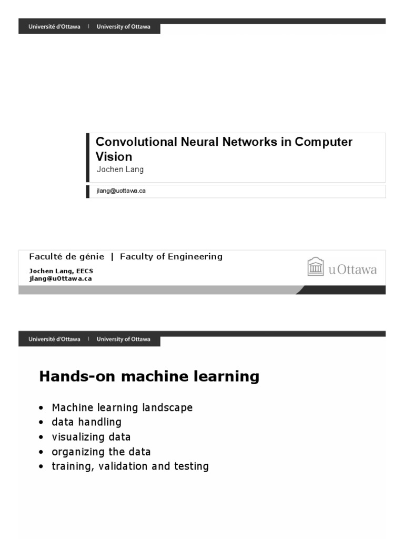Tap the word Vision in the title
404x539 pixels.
coord(114,157)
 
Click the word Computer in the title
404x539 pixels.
coord(324,142)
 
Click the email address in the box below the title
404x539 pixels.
coord(120,191)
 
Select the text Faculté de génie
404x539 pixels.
coord(67,257)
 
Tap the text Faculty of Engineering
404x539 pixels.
coord(171,257)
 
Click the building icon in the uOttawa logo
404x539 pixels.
coord(316,267)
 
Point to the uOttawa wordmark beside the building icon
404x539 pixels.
coord(352,270)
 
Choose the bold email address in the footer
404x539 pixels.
coord(60,278)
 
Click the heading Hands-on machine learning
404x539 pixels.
coord(149,377)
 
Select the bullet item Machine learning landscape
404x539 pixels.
coord(122,408)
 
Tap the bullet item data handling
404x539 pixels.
coord(86,422)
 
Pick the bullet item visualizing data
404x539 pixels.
coord(91,437)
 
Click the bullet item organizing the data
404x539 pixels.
coord(101,452)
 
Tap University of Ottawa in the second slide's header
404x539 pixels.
coord(124,340)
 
